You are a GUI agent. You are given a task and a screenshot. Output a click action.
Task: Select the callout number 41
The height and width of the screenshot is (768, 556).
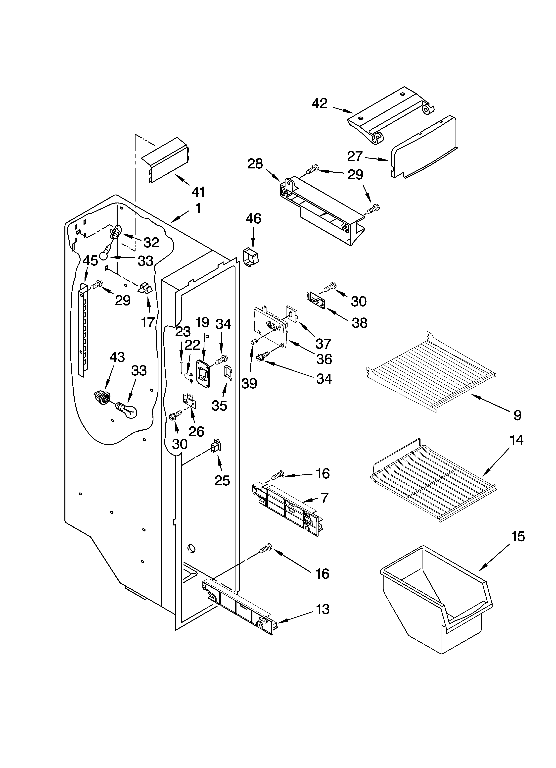coord(198,192)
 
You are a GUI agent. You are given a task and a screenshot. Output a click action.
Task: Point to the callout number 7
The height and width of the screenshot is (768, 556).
coord(324,498)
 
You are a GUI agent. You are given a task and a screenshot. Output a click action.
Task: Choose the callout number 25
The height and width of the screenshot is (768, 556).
coord(222,480)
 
